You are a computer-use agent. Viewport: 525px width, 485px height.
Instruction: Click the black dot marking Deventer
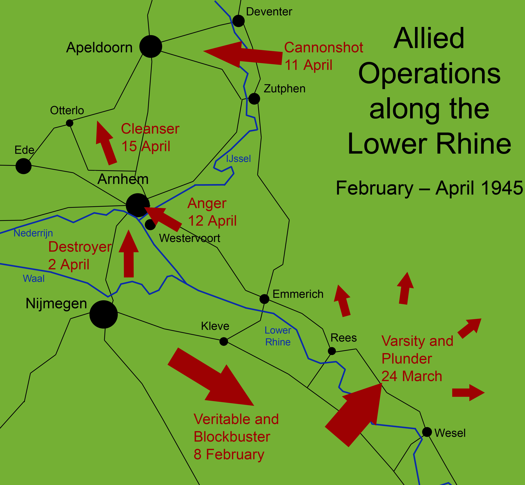pyautogui.click(x=238, y=21)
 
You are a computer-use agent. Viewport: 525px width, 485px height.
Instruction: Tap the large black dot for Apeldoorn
pyautogui.click(x=151, y=46)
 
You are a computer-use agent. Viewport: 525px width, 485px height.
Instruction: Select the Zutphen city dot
pyautogui.click(x=254, y=99)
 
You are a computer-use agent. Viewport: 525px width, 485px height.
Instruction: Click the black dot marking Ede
pyautogui.click(x=24, y=166)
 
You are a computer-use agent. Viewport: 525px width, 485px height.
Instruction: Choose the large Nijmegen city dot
pyautogui.click(x=104, y=314)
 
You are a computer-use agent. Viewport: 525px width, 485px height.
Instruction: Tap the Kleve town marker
pyautogui.click(x=224, y=341)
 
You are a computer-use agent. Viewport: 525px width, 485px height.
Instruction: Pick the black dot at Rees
pyautogui.click(x=332, y=351)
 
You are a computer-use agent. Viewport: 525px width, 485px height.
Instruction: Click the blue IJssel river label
pyautogui.click(x=238, y=159)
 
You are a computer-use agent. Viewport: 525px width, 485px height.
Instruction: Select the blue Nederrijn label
pyautogui.click(x=33, y=233)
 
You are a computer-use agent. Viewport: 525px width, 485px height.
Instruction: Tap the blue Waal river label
pyautogui.click(x=34, y=278)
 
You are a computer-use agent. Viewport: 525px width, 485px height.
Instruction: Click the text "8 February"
pyautogui.click(x=229, y=454)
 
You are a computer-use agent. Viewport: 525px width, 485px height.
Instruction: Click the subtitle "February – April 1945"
pyautogui.click(x=429, y=188)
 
